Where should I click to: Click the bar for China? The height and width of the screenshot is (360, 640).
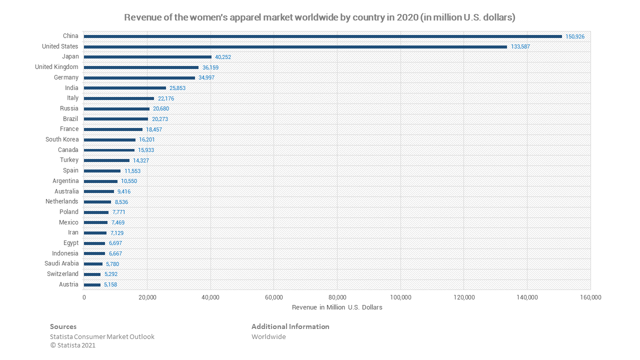322,36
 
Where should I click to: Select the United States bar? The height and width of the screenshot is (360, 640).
295,47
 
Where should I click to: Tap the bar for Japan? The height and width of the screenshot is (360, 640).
147,57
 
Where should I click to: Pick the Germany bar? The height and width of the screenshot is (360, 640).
139,78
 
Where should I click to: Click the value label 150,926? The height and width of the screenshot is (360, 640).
575,37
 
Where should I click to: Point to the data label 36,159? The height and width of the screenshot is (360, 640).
210,67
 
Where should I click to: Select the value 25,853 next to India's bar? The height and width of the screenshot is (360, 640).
177,88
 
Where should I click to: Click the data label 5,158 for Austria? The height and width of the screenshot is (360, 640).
110,285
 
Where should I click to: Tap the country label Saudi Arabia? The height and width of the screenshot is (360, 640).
61,263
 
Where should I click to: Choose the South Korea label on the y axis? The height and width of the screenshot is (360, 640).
62,139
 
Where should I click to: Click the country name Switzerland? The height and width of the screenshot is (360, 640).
62,274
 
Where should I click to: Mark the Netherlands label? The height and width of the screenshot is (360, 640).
61,201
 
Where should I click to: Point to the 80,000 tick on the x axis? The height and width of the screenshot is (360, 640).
337,297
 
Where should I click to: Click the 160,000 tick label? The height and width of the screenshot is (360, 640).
590,297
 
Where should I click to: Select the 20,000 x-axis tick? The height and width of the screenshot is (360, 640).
147,297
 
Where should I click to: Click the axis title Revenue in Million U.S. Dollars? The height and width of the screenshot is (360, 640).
337,307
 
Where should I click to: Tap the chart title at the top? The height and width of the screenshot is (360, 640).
319,17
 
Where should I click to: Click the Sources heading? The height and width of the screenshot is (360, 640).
63,326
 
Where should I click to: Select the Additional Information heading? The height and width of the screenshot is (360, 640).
290,326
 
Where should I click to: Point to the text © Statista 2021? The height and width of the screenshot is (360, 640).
73,345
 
